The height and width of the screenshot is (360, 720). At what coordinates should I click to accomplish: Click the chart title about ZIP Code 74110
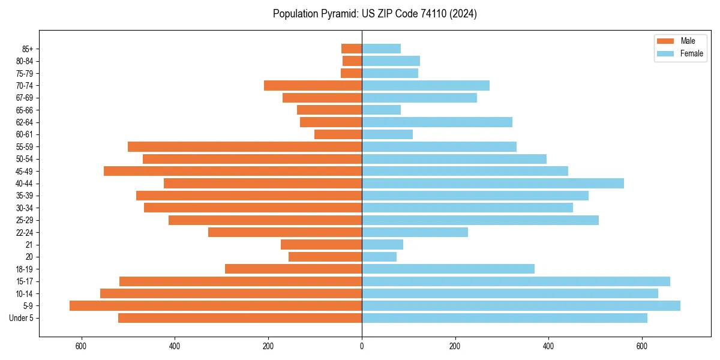tap(374, 14)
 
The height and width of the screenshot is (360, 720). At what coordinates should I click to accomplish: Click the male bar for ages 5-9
tap(215, 305)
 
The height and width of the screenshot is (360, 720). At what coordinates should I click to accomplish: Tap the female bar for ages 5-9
tap(521, 305)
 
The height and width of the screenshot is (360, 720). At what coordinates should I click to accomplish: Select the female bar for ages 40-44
tap(493, 183)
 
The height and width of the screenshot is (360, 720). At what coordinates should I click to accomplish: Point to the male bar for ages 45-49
tap(233, 171)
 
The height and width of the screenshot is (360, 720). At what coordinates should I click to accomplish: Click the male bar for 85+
tap(352, 49)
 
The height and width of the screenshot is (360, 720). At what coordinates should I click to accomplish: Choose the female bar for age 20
tap(379, 257)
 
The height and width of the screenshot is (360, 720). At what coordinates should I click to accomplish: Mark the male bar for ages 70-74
tap(313, 85)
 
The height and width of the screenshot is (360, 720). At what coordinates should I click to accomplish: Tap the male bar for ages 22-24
tap(285, 232)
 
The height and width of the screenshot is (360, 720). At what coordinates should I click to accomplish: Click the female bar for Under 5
tap(505, 318)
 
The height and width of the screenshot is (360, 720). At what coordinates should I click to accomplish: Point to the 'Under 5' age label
tap(22, 318)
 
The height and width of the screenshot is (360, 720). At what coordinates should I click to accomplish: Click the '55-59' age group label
tap(25, 146)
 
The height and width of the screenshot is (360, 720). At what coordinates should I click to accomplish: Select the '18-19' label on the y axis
tap(25, 269)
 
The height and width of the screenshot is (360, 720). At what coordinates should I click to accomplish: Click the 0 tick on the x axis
tap(362, 346)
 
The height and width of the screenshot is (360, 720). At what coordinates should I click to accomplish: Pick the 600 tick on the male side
tap(81, 346)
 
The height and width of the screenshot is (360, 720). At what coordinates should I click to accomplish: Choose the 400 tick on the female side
tap(548, 346)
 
